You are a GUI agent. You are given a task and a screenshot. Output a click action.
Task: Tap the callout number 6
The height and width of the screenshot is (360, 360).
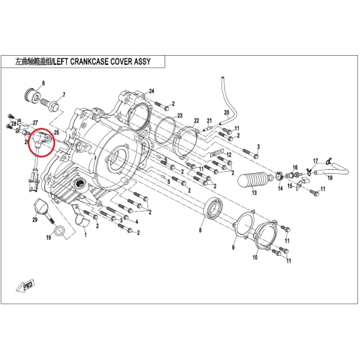(x=43, y=83)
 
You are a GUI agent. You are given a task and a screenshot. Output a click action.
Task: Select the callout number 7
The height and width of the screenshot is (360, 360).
(x=64, y=94)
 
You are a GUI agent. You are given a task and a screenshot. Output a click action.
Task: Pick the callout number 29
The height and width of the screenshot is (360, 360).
(x=35, y=220)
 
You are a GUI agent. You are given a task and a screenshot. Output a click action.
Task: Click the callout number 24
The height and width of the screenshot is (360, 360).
(x=151, y=91)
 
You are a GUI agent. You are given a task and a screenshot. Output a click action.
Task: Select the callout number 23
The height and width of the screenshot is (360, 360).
(x=180, y=115)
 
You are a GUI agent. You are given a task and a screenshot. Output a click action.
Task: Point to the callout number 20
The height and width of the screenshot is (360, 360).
(x=226, y=113)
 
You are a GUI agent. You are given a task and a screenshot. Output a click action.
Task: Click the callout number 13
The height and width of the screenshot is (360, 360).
(x=254, y=192)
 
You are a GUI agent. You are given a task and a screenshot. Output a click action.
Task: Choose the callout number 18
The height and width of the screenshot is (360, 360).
(x=330, y=178)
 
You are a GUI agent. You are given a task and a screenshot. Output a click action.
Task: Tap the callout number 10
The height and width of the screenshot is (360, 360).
(x=255, y=257)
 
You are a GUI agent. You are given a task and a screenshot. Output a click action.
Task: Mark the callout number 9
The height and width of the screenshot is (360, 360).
(x=233, y=247)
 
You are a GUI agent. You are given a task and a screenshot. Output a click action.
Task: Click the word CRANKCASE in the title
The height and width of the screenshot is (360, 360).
(x=89, y=62)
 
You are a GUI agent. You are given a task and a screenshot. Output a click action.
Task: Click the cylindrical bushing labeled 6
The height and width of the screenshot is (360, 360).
(x=33, y=94)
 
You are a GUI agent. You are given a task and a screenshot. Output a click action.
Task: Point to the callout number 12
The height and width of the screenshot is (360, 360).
(x=229, y=155)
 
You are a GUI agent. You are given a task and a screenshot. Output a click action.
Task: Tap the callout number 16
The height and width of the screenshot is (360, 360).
(x=295, y=168)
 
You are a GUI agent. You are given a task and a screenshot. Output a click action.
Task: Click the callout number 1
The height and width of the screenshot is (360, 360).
(x=86, y=235)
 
